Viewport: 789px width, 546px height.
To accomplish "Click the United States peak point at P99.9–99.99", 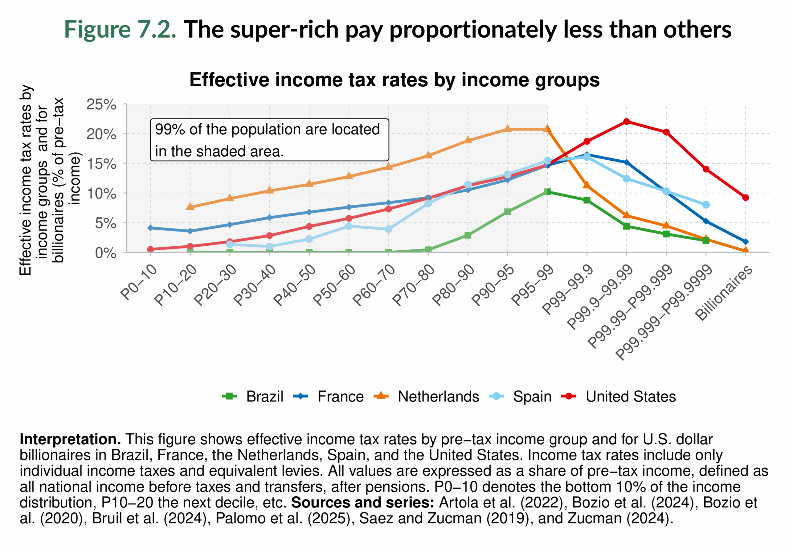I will [x=626, y=121].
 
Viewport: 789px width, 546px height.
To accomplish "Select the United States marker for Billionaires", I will [x=745, y=197].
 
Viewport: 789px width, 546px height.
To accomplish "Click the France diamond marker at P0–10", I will [x=150, y=228].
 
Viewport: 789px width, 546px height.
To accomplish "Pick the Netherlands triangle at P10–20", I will [x=190, y=206].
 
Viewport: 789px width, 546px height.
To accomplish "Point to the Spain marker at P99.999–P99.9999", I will [x=705, y=205].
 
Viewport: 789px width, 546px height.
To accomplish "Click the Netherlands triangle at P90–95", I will [x=507, y=129].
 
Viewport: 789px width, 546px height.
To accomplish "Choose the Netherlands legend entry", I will [x=426, y=396].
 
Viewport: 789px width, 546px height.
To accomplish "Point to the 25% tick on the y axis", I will [x=101, y=104].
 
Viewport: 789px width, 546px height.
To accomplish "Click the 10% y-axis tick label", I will [x=101, y=194].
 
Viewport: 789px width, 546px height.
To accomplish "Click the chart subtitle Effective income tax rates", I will [x=394, y=80].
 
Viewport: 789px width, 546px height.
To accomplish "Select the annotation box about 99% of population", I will [x=269, y=140].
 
